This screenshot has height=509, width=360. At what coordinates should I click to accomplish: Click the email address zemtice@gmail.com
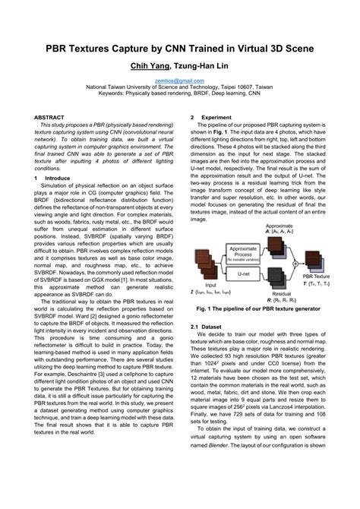180,79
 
